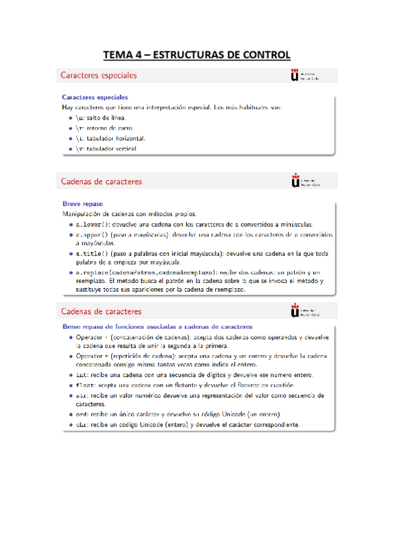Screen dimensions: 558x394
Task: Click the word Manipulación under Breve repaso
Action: (83, 213)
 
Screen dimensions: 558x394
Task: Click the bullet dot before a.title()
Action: (70, 253)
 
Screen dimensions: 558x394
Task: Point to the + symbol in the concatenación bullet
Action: (107, 337)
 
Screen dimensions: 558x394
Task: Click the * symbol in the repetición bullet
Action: (107, 356)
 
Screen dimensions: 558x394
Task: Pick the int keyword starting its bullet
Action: (82, 374)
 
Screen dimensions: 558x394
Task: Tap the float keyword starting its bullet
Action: (85, 385)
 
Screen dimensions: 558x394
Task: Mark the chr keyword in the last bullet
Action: (82, 425)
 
